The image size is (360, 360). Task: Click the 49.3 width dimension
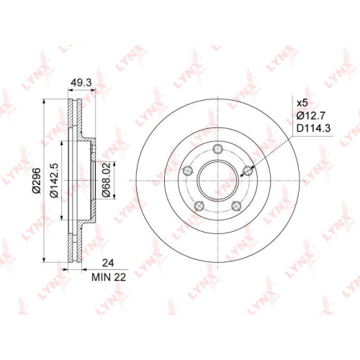pyautogui.click(x=81, y=83)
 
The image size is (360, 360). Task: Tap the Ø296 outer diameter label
pyautogui.click(x=37, y=181)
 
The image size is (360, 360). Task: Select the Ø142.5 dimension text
pyautogui.click(x=54, y=180)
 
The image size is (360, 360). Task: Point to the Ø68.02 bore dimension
pyautogui.click(x=106, y=180)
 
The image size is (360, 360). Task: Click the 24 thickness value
pyautogui.click(x=108, y=263)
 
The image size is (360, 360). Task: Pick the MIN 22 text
pyautogui.click(x=109, y=277)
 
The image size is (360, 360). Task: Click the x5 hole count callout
pyautogui.click(x=302, y=103)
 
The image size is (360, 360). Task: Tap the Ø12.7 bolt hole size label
pyautogui.click(x=311, y=116)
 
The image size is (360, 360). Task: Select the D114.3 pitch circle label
pyautogui.click(x=314, y=128)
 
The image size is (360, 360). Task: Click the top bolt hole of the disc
pyautogui.click(x=217, y=149)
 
